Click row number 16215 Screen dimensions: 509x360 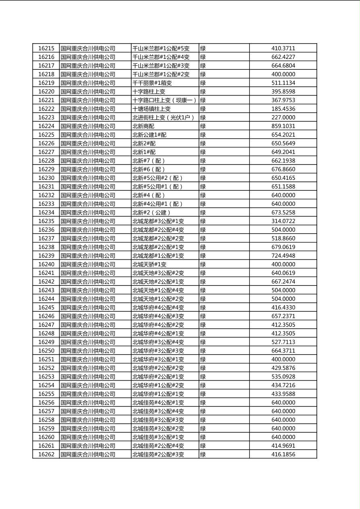46,48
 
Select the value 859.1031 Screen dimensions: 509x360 283,126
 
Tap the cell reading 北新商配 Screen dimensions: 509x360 143,126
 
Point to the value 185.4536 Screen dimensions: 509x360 283,109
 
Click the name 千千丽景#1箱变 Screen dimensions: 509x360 152,83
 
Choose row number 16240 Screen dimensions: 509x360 46,265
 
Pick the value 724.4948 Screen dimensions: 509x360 283,256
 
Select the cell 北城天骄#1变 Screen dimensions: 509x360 149,265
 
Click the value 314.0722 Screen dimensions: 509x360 283,221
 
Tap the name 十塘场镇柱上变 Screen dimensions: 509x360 151,109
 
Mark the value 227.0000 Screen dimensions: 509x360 283,117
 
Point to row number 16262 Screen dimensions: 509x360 46,455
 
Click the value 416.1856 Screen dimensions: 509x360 283,455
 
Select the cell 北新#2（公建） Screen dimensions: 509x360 152,213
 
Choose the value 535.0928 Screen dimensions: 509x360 283,377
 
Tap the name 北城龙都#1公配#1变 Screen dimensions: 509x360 158,256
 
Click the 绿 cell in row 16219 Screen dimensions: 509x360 203,83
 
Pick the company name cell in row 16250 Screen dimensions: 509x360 88,351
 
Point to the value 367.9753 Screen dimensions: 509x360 283,100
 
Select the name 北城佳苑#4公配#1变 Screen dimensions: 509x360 158,403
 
